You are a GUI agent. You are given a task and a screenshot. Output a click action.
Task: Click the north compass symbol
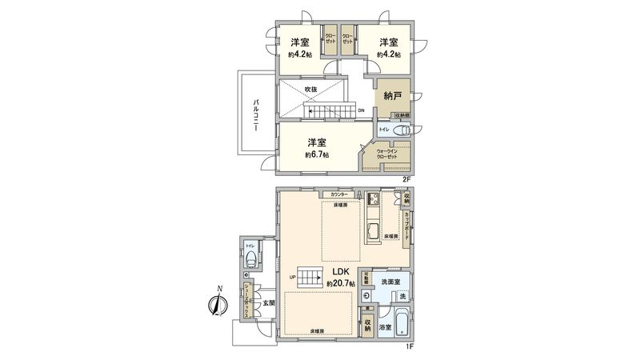(x=215, y=304)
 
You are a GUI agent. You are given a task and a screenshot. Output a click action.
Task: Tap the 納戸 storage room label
(x=392, y=95)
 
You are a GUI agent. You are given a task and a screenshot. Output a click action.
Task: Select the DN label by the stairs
(x=361, y=110)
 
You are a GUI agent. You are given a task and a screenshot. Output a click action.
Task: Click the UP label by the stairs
(x=293, y=278)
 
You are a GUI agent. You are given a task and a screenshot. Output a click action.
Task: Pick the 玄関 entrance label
(x=267, y=302)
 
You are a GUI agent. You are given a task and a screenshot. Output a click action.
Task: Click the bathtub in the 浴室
(x=403, y=323)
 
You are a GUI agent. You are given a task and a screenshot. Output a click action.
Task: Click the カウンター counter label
(x=335, y=195)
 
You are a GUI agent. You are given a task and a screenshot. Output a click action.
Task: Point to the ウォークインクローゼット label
(x=387, y=154)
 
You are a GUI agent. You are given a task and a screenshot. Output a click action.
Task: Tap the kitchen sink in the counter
(x=373, y=234)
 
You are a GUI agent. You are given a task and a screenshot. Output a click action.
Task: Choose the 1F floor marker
(x=409, y=346)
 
